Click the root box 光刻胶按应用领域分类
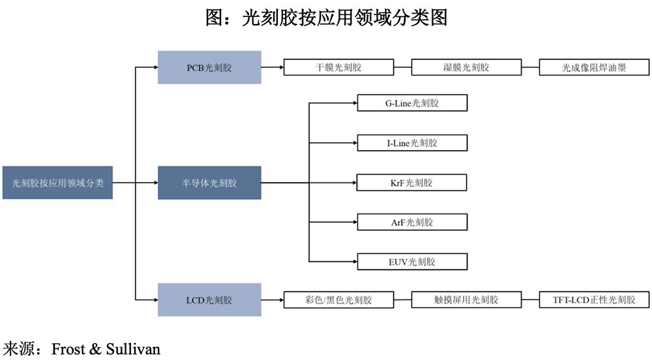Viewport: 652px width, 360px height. (x=57, y=183)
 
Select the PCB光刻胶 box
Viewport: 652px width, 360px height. (x=209, y=67)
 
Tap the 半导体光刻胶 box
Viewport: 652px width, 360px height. (x=209, y=183)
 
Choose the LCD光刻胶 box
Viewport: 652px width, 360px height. (x=209, y=300)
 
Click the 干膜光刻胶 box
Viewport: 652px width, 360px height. (x=338, y=67)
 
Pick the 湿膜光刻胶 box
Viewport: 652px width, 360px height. (x=466, y=67)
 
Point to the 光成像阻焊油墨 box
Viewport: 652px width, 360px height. (x=594, y=67)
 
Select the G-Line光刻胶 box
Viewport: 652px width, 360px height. (x=412, y=103)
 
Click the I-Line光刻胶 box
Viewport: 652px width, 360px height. (x=412, y=143)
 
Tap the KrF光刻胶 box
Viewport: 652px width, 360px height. (x=412, y=183)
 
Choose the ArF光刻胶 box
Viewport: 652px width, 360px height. (x=412, y=222)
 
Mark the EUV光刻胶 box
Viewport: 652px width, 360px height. (x=412, y=262)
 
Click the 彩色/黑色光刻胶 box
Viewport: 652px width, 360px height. (x=338, y=300)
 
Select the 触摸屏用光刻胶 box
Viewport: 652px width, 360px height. (x=466, y=300)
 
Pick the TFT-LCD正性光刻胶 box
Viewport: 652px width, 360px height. (x=594, y=300)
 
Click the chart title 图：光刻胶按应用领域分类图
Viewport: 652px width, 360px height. (x=326, y=17)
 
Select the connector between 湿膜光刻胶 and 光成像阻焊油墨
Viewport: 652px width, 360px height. (x=530, y=67)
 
